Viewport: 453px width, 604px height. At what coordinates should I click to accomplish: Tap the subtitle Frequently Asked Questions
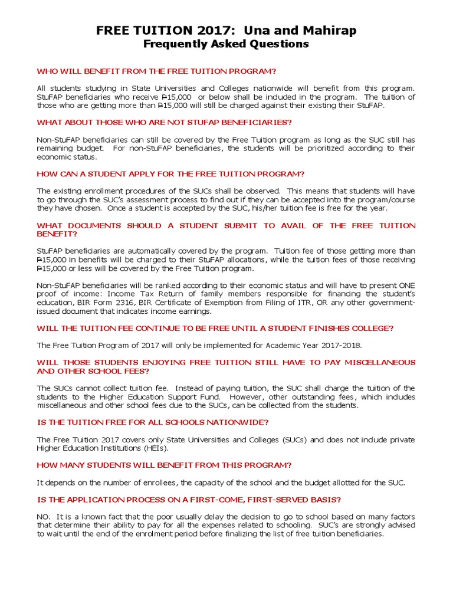tap(226, 44)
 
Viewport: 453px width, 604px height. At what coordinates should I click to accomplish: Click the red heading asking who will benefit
tap(156, 71)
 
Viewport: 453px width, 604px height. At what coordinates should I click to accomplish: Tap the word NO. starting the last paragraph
tap(44, 517)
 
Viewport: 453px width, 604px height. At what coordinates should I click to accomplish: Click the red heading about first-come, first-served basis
tap(189, 500)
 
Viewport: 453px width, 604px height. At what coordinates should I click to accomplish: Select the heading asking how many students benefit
tap(165, 465)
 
